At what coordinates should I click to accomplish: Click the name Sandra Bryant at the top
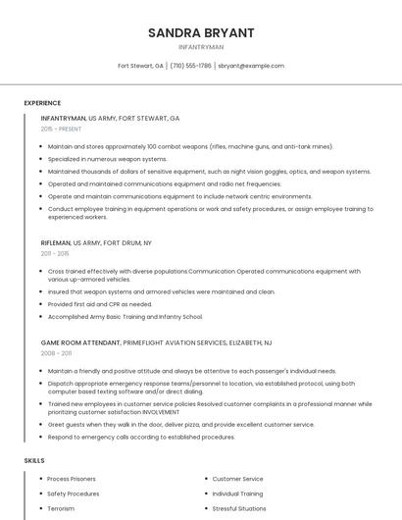click(201, 32)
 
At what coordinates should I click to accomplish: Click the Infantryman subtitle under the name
click(201, 47)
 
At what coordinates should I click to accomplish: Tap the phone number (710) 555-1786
click(190, 66)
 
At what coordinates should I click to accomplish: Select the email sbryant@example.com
click(251, 66)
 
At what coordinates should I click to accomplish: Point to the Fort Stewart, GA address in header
click(140, 66)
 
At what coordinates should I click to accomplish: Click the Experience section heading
click(42, 103)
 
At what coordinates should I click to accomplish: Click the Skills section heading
click(34, 460)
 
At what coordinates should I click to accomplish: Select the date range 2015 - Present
click(61, 129)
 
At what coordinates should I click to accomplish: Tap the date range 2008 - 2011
click(56, 353)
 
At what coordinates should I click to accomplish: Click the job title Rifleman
click(56, 242)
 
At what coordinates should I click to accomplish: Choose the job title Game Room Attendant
click(80, 342)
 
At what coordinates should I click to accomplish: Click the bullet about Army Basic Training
click(126, 317)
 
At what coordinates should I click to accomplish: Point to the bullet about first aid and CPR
click(100, 304)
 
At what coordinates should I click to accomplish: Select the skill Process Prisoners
click(72, 479)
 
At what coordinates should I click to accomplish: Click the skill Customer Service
click(237, 479)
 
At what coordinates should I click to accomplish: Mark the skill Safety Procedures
click(74, 494)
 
